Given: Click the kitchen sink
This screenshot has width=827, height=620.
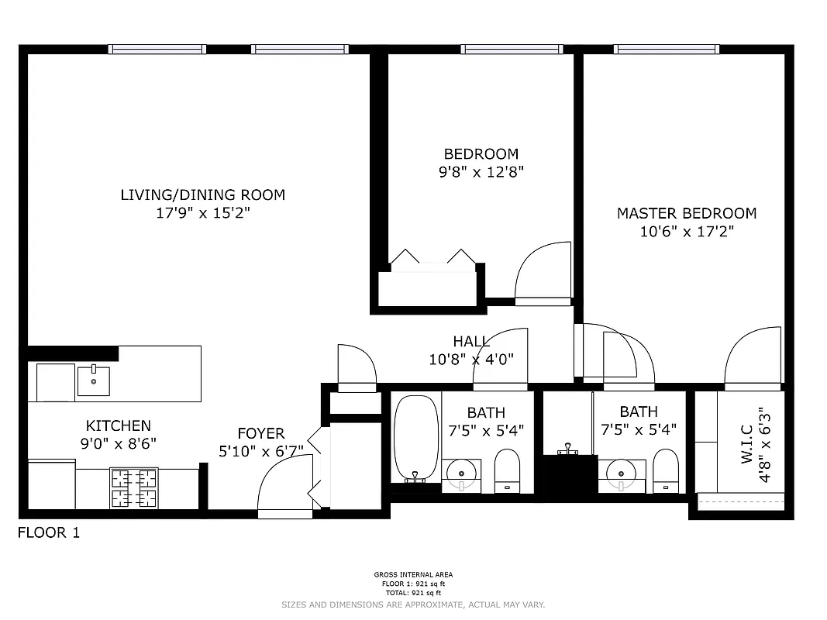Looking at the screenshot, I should coord(93,381).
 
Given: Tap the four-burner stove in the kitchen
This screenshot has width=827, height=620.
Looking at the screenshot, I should coord(133,488).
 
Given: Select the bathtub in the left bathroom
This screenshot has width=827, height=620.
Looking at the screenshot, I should coord(417,438).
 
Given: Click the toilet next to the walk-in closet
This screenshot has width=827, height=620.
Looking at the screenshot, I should coord(666,471).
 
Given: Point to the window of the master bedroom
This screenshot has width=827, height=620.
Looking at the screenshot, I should coord(667,50).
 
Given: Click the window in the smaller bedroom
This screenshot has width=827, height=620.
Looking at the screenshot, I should coord(511,50).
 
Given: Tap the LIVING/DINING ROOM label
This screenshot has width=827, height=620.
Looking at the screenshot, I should coord(202,195).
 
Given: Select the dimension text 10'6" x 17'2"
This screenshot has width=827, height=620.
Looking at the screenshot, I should coord(686,231).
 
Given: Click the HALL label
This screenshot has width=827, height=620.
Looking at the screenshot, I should coord(470,342).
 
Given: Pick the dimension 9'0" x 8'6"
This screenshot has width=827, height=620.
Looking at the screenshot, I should coord(118,444).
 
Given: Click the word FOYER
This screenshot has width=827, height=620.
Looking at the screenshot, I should coord(260,434).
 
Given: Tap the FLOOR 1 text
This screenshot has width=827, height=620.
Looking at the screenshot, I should coord(49,533).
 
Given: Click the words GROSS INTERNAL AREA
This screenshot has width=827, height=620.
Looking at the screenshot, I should coord(413,575).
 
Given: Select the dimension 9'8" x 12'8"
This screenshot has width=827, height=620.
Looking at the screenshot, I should coord(481,172).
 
